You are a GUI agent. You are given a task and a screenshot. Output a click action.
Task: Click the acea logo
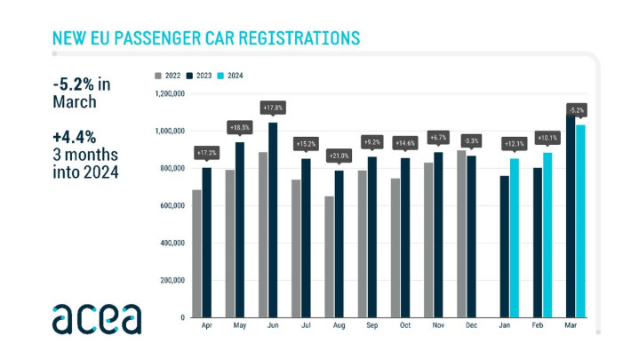point(96,317)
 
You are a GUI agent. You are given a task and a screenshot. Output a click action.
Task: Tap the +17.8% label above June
point(272,108)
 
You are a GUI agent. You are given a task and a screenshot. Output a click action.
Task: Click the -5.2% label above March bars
point(576,109)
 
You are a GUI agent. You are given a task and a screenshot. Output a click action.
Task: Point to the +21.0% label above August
point(339,156)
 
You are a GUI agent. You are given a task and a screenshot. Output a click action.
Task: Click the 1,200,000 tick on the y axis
point(169,93)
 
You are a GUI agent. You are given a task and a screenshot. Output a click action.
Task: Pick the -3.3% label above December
point(471,140)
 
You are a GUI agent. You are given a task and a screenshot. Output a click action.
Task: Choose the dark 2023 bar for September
point(371,237)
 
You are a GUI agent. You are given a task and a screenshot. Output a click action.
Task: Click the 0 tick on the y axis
point(181,317)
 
